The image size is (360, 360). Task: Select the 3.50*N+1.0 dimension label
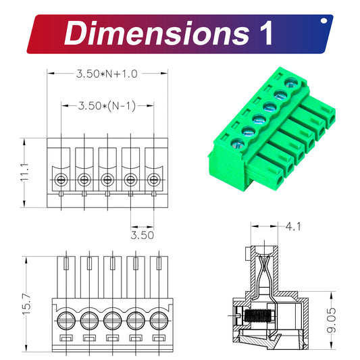pos(106,74)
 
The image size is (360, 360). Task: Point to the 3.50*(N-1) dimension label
pos(107,105)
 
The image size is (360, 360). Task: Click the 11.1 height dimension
pos(24,170)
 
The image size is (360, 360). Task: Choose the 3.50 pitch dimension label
pos(143,235)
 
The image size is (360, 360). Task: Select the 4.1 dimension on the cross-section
pos(293,226)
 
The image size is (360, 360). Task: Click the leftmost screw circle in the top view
pos(61,180)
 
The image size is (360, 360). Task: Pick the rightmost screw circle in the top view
pos(154,180)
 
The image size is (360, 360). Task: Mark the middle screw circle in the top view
pos(107,180)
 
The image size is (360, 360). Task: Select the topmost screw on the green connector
pos(292,84)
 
